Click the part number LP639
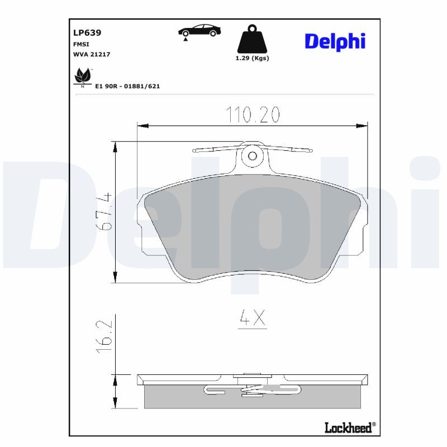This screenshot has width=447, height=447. (x=83, y=33)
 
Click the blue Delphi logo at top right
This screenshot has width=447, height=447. (x=334, y=40)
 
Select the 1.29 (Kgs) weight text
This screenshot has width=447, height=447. (x=252, y=58)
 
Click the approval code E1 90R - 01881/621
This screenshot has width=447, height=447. (x=127, y=87)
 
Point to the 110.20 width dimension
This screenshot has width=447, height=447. (x=253, y=115)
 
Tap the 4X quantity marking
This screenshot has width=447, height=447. (x=251, y=318)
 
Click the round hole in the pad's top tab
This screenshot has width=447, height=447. (x=252, y=156)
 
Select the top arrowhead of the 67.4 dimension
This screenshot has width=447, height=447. (x=116, y=146)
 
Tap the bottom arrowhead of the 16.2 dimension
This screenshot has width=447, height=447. (x=116, y=405)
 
